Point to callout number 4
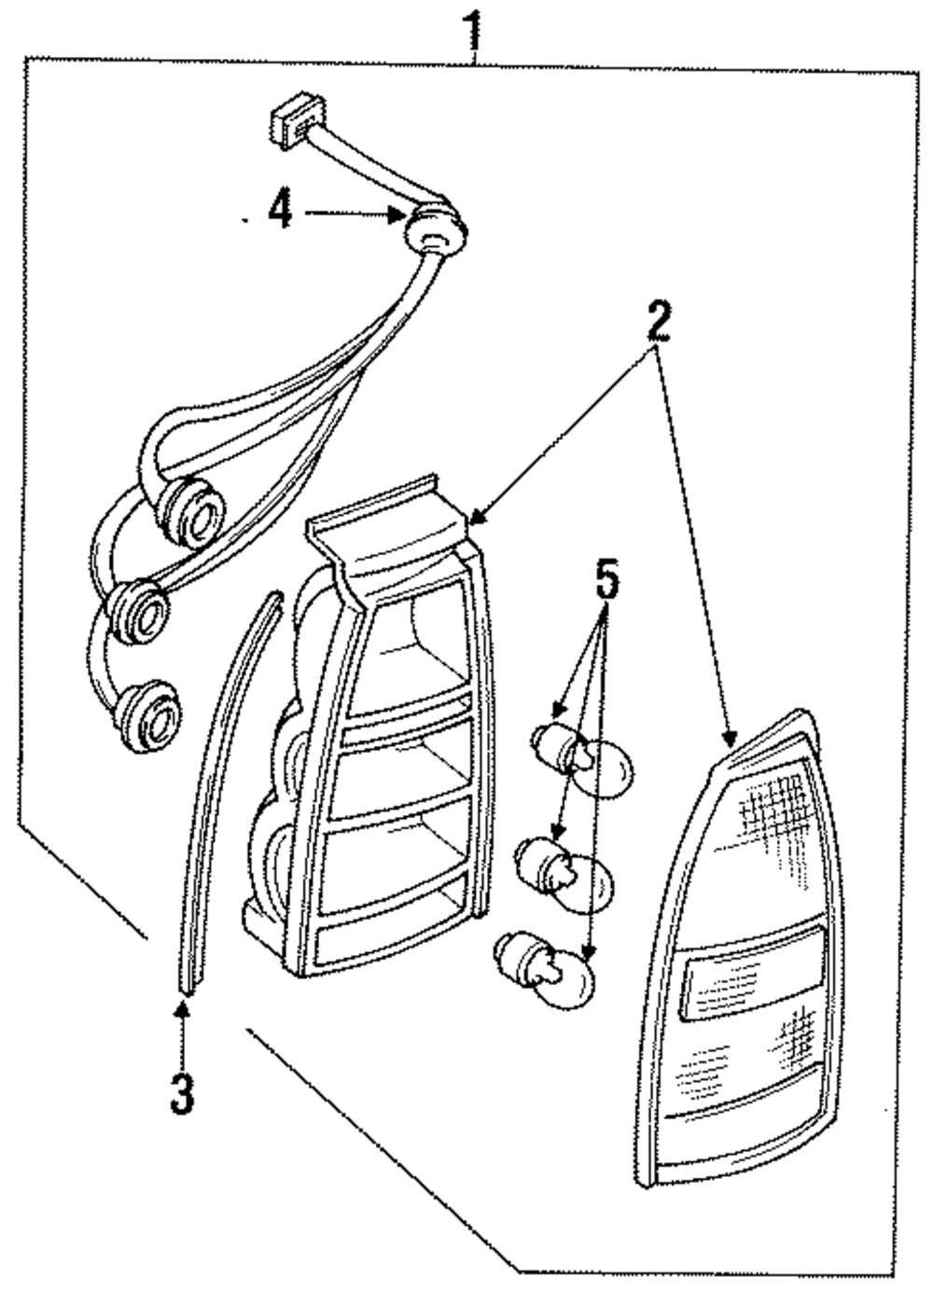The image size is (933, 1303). click(x=278, y=211)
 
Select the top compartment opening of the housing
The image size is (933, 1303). click(x=415, y=634)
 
